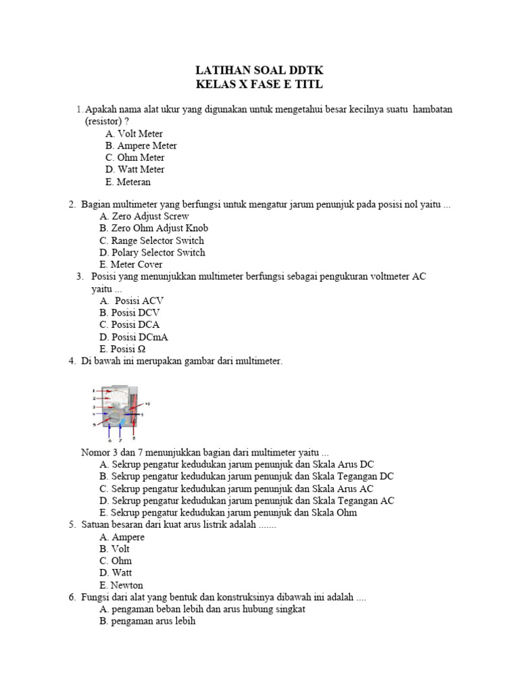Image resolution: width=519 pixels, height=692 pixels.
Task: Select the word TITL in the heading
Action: pyautogui.click(x=307, y=84)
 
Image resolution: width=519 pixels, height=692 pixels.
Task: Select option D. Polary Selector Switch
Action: pyautogui.click(x=152, y=253)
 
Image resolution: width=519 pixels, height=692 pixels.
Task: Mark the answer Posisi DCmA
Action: pyautogui.click(x=134, y=337)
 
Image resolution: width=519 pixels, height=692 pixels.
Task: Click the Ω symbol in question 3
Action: pyautogui.click(x=141, y=349)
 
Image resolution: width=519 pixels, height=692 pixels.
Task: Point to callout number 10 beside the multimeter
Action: pyautogui.click(x=147, y=403)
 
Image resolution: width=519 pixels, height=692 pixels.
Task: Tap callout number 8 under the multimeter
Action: pyautogui.click(x=134, y=439)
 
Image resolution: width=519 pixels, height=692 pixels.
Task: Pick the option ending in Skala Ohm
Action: pyautogui.click(x=228, y=513)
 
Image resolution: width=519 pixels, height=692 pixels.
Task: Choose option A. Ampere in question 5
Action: pyautogui.click(x=122, y=537)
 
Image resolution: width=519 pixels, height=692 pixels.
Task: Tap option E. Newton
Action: pyautogui.click(x=121, y=585)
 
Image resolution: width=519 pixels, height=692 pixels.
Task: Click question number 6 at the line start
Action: pyautogui.click(x=72, y=598)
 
